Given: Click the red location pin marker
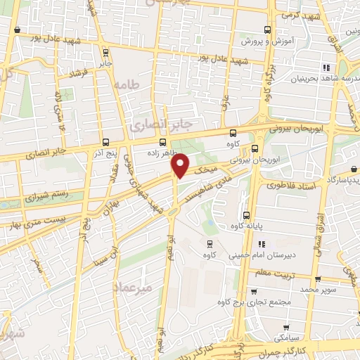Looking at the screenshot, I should pos(181,165).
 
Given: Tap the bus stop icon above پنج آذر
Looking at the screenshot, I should pos(105,141).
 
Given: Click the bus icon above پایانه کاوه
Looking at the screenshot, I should pos(245,215).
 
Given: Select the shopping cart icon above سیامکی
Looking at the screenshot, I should pos(286,328).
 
